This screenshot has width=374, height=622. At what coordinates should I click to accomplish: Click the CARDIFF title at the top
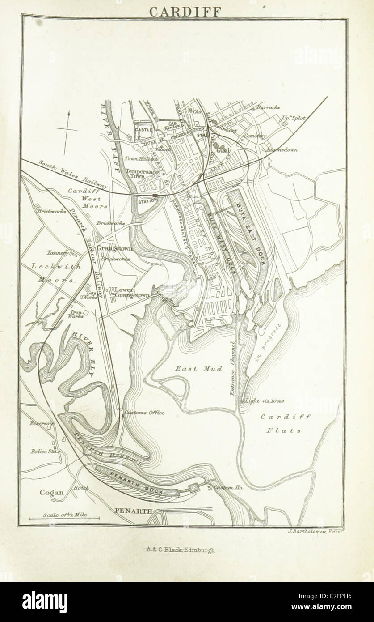click(x=185, y=11)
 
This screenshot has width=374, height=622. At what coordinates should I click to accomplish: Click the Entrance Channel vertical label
click(x=232, y=369)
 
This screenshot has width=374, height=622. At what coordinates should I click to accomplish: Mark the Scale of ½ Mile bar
click(x=64, y=518)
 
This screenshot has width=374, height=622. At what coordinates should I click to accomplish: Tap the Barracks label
click(x=268, y=107)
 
